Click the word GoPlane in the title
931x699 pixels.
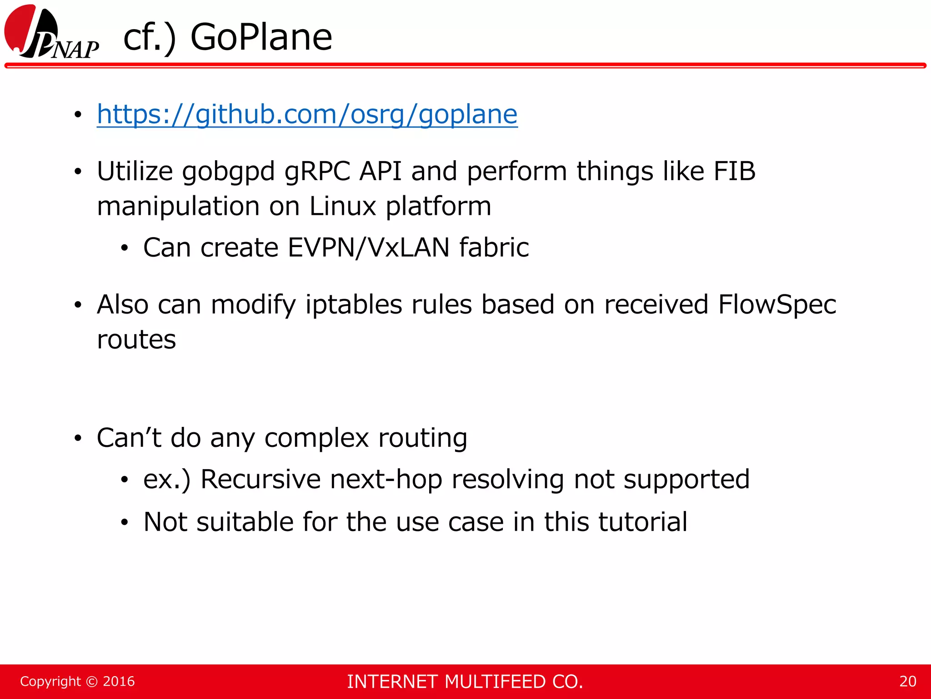pyautogui.click(x=261, y=37)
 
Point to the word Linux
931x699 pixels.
pyautogui.click(x=343, y=206)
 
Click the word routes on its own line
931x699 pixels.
pyautogui.click(x=136, y=340)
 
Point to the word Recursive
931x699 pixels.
pyautogui.click(x=260, y=479)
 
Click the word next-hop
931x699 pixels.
pyautogui.click(x=386, y=480)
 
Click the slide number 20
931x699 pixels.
pyautogui.click(x=907, y=681)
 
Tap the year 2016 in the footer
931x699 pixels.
pyautogui.click(x=119, y=681)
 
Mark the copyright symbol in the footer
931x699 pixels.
pyautogui.click(x=91, y=682)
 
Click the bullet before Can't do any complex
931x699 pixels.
pyautogui.click(x=78, y=439)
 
